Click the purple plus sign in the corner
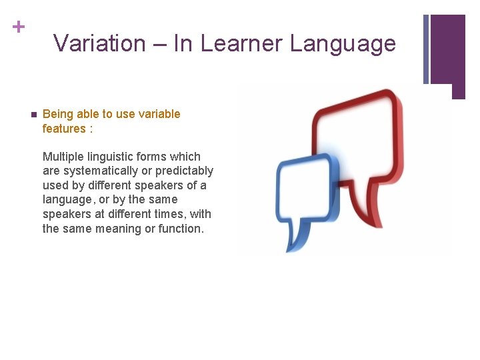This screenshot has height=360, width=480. click(x=18, y=27)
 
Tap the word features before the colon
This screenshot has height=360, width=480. click(x=64, y=129)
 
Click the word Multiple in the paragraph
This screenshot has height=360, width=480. click(x=63, y=157)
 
